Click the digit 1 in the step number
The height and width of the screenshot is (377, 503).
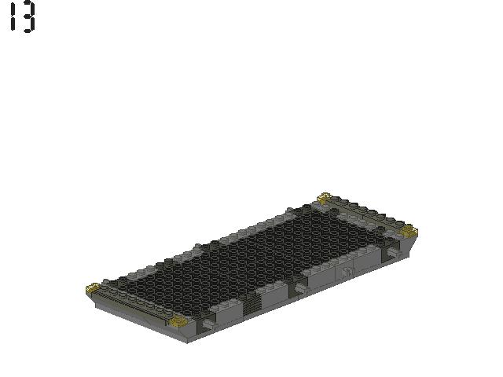[13, 17]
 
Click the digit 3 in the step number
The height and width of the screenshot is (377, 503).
[28, 17]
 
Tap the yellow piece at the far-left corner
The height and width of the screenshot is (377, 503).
[93, 288]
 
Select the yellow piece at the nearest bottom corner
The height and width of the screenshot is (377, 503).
[180, 321]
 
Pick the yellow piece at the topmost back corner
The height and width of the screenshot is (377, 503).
[325, 198]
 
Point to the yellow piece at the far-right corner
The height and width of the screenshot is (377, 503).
[409, 230]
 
